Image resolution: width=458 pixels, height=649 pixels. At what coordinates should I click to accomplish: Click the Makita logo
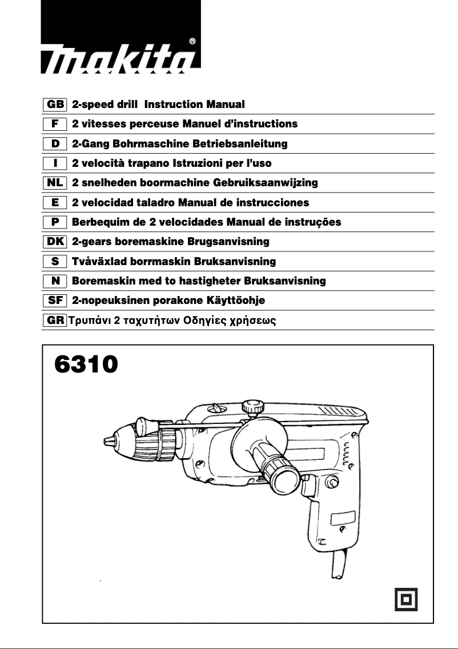pos(121,59)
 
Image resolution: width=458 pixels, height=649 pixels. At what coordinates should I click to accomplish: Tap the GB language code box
pos(55,105)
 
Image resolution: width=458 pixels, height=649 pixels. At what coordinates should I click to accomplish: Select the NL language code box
pos(55,183)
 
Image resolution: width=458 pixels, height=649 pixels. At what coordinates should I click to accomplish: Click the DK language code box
pos(55,242)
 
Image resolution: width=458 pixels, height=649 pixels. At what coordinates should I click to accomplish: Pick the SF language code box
pos(55,301)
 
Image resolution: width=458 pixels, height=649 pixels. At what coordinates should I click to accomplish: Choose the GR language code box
pos(55,320)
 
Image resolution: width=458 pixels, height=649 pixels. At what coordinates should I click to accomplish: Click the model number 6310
pos(86,364)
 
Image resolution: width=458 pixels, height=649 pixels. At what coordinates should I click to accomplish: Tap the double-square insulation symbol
pos(407,599)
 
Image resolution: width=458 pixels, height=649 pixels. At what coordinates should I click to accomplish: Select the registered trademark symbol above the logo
pos(192,41)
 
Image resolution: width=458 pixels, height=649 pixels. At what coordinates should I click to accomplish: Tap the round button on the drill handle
pos(330,483)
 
